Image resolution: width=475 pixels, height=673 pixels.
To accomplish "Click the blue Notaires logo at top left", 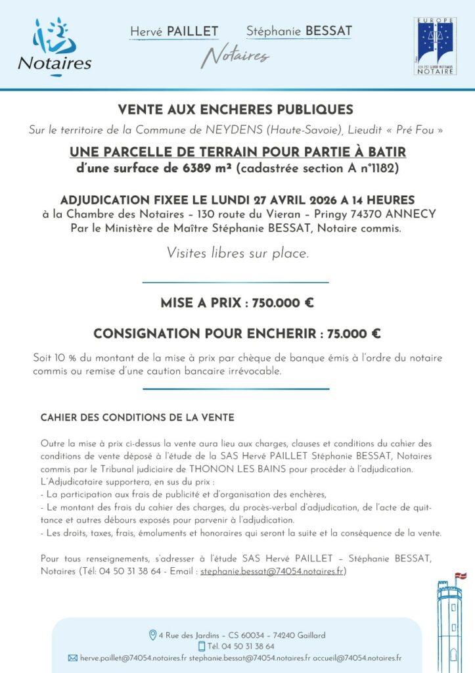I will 54,47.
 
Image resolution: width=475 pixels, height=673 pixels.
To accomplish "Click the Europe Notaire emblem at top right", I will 435,46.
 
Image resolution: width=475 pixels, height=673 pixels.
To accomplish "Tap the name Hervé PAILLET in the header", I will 174,32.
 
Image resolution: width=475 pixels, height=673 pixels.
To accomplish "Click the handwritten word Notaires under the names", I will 235,57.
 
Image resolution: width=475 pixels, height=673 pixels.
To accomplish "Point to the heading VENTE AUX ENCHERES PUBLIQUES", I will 235,109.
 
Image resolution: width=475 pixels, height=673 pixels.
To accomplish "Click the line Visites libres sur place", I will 237,252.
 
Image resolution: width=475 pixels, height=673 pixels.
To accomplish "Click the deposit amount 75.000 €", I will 354,334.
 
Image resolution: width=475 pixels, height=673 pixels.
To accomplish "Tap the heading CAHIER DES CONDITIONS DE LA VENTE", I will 137,417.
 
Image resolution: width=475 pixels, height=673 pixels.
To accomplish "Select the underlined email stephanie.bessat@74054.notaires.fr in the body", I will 272,571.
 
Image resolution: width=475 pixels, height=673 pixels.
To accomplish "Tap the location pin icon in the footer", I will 153,635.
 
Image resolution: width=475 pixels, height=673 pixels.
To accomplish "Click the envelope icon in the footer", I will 73,657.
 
